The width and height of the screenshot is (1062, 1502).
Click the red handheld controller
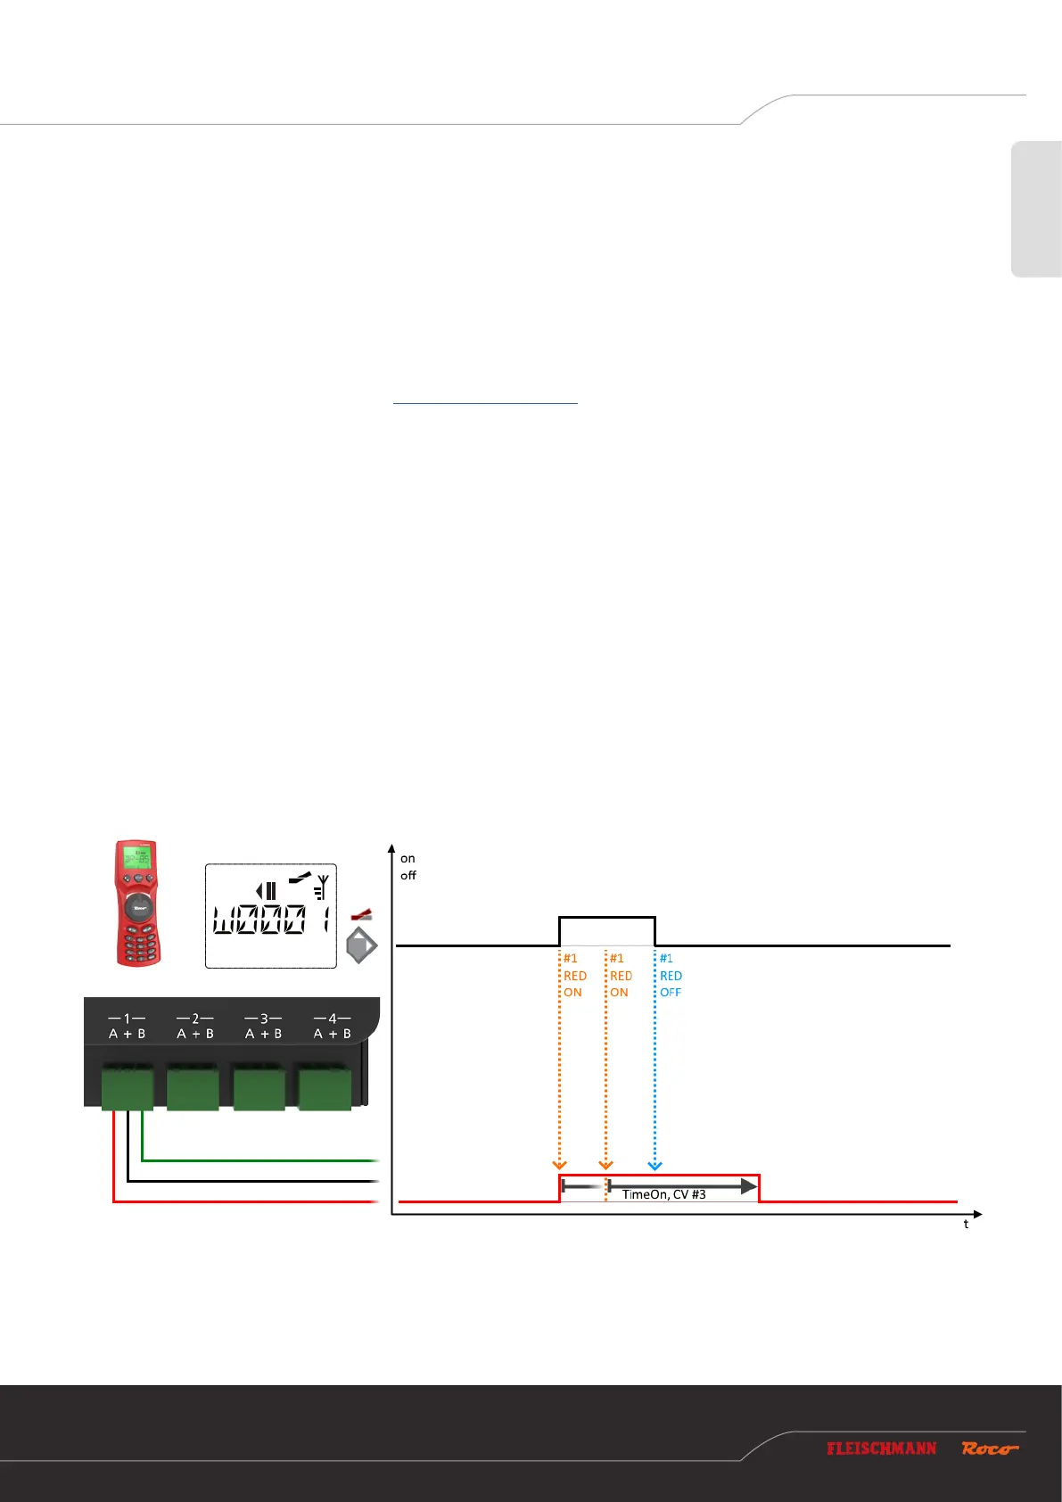tap(137, 903)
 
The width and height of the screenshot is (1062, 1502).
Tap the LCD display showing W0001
tap(271, 916)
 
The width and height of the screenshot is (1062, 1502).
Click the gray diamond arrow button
tap(361, 945)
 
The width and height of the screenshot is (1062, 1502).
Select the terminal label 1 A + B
tap(127, 1026)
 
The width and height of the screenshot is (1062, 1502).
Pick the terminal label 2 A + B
tap(195, 1026)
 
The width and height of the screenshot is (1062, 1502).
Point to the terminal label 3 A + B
tap(263, 1026)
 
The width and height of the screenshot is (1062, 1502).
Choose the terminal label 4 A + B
tap(332, 1026)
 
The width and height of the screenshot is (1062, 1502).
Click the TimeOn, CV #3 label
tap(663, 1194)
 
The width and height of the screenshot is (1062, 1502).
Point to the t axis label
tap(966, 1224)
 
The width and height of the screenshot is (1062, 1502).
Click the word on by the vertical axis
tap(408, 858)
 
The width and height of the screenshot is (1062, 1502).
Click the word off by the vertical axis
tap(408, 875)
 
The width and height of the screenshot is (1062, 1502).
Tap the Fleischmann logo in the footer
tap(881, 1448)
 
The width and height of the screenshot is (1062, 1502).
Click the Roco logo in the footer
tap(989, 1448)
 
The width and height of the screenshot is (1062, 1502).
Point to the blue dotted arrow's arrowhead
tap(654, 1165)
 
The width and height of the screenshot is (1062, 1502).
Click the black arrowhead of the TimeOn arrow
tap(749, 1186)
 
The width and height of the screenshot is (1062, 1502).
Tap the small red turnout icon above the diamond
tap(361, 915)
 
